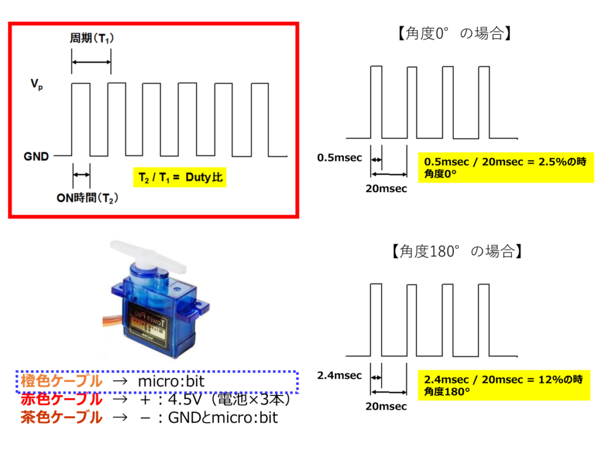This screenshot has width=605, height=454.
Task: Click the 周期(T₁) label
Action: (x=92, y=38)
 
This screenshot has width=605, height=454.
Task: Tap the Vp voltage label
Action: (x=37, y=84)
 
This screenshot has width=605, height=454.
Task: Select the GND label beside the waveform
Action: (x=36, y=156)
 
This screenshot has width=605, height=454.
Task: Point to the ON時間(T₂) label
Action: (x=87, y=198)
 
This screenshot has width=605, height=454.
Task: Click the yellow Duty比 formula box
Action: (x=180, y=177)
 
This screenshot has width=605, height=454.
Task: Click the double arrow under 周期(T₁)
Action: (x=92, y=62)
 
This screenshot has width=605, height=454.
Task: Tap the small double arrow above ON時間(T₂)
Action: (x=82, y=175)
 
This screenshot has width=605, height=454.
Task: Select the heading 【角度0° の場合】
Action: (x=454, y=33)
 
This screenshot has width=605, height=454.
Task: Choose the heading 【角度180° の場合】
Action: (x=457, y=251)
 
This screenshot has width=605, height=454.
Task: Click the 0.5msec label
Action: (x=340, y=157)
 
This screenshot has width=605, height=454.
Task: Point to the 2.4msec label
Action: (x=340, y=375)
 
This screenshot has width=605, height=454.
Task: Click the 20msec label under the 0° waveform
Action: (x=386, y=189)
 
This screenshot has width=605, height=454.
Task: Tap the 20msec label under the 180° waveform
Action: (x=386, y=406)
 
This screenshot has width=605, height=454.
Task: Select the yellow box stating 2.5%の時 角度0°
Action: (x=506, y=167)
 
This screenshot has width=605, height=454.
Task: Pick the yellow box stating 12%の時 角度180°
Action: (x=504, y=385)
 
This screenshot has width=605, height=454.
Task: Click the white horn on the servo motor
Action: (x=148, y=255)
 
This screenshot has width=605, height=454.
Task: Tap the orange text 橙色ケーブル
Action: (x=61, y=381)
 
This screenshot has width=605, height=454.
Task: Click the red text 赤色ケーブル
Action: (x=61, y=399)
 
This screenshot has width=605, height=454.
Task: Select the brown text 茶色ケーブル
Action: (x=61, y=417)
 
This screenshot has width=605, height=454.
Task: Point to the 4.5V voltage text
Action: (x=185, y=400)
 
